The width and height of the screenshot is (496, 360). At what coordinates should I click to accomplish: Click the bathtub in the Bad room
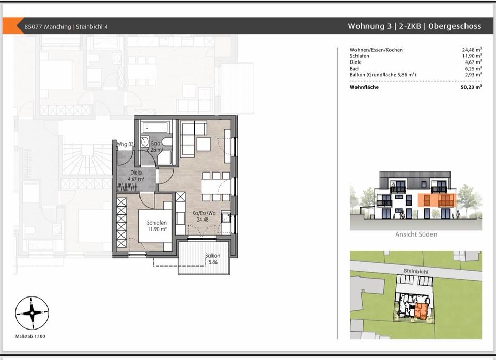155,127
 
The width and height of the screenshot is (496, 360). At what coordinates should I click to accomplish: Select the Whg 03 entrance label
125,144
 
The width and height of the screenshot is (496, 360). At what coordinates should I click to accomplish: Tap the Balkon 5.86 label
212,259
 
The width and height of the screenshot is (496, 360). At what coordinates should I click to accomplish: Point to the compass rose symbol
32,313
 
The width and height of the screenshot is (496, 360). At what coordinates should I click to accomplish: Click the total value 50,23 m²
471,87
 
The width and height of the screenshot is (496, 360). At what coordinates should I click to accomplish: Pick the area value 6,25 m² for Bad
472,68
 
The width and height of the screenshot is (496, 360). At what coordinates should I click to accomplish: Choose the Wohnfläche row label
364,87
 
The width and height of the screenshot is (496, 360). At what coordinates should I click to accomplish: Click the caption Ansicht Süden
416,234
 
